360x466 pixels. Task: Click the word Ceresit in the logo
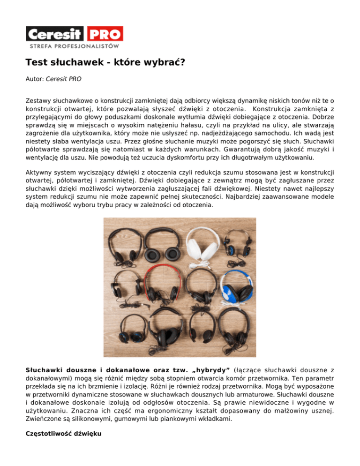(x=56, y=34)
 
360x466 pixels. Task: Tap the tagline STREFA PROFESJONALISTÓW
(x=74, y=46)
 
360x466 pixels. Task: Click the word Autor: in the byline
(x=35, y=79)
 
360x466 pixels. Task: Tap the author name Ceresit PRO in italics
(x=63, y=79)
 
